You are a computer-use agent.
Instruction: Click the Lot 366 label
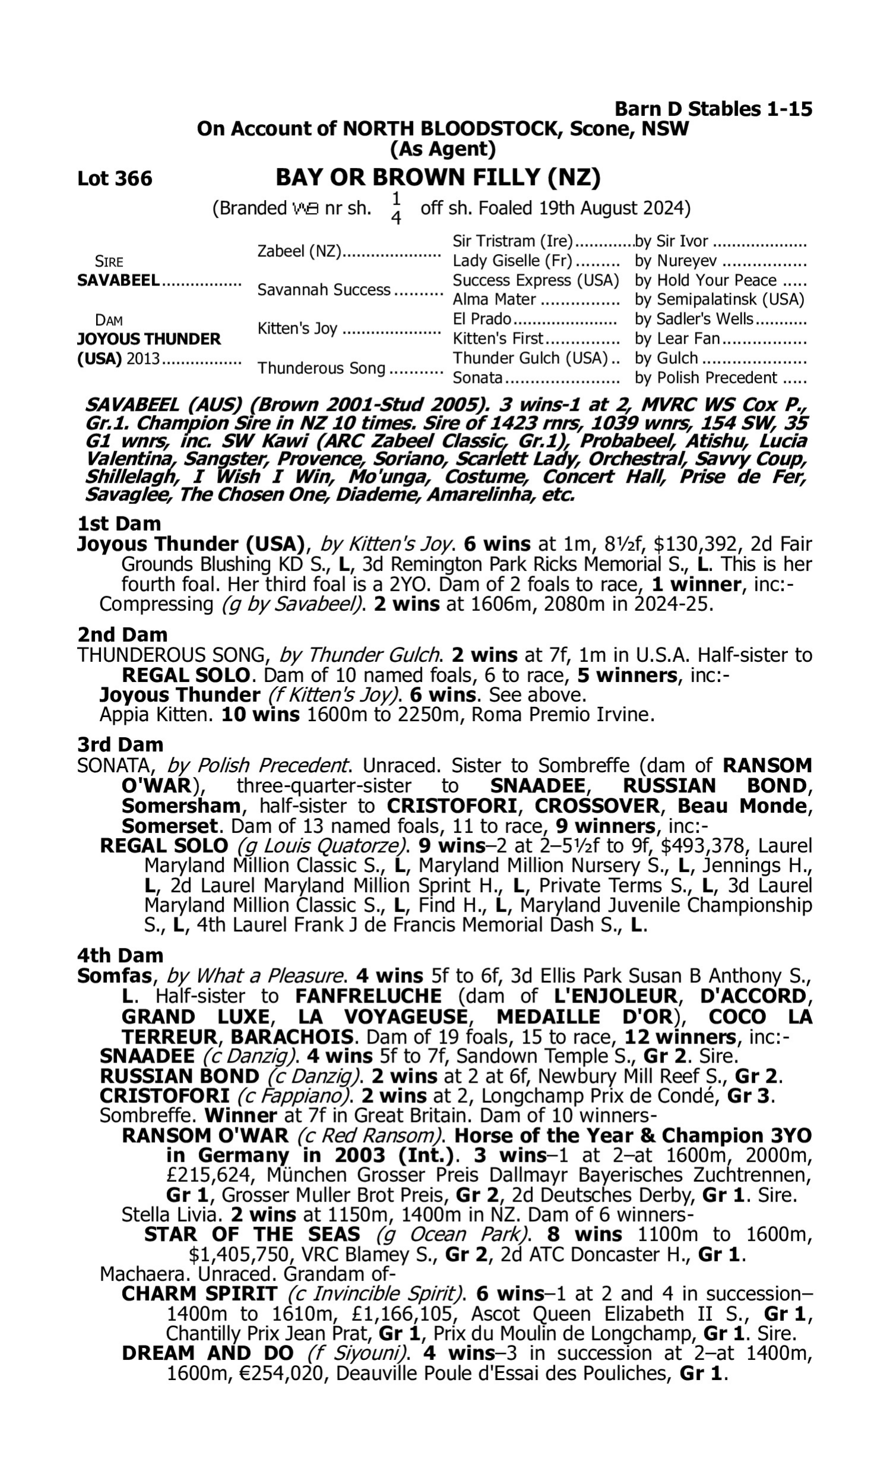click(x=115, y=179)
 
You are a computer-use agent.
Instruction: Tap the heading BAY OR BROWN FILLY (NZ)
click(x=438, y=177)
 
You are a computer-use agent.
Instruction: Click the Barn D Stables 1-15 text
click(x=713, y=109)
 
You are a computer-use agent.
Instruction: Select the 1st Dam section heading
click(x=119, y=524)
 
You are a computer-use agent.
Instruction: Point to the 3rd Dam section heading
click(x=120, y=745)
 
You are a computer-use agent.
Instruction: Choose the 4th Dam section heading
click(x=120, y=955)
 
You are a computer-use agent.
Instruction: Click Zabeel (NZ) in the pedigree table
click(x=298, y=251)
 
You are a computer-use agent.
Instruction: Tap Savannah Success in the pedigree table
click(x=323, y=290)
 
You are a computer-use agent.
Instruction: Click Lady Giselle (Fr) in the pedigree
click(x=512, y=261)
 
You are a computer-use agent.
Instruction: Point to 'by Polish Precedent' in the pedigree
click(x=705, y=378)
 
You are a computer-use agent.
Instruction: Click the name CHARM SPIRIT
click(x=199, y=1294)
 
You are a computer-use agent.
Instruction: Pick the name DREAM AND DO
click(x=208, y=1354)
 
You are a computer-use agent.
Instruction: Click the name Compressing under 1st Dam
click(x=156, y=604)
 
